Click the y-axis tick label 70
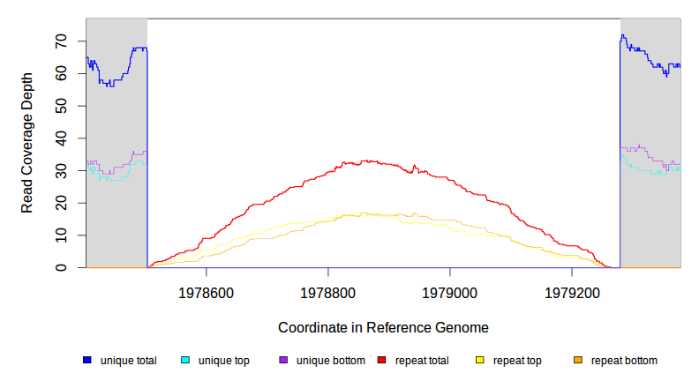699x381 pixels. [x=61, y=41]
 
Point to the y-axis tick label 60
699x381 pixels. [x=61, y=74]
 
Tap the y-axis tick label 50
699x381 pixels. [x=61, y=106]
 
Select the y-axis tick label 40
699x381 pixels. [x=61, y=138]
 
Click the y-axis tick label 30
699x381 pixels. [x=61, y=170]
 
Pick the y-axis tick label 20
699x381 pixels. [x=61, y=203]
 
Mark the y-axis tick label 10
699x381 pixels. [x=61, y=235]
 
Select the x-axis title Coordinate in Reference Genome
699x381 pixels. [x=383, y=327]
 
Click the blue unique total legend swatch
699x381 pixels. [x=87, y=360]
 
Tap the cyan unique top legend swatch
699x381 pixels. [x=185, y=360]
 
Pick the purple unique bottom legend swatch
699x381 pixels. [x=283, y=360]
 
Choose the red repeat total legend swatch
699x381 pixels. [x=382, y=360]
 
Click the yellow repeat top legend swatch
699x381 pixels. [x=480, y=360]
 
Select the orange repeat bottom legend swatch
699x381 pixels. [x=578, y=360]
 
